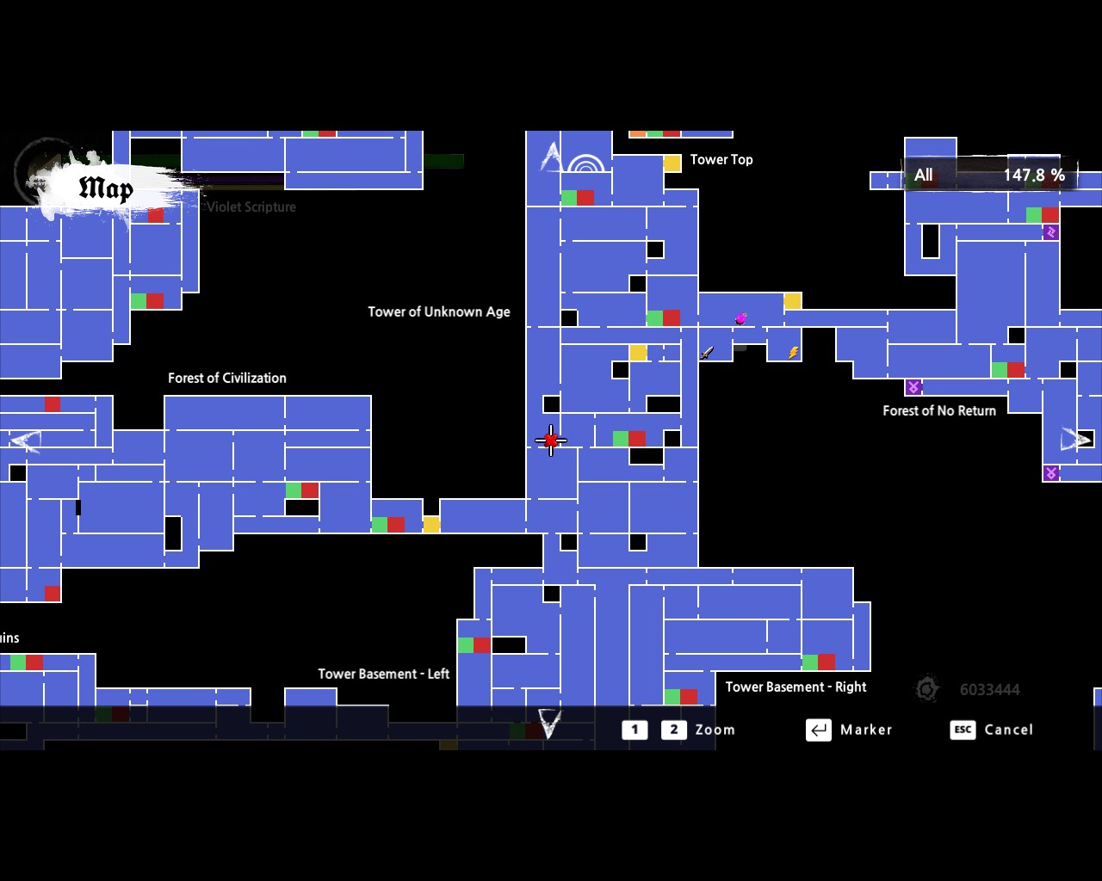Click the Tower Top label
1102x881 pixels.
(721, 159)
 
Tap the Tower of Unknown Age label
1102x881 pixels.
(438, 311)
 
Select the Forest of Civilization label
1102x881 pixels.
(226, 378)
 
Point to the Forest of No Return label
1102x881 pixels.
(938, 410)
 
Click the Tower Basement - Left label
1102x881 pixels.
(383, 674)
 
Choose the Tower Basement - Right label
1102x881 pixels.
(796, 687)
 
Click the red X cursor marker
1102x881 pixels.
(551, 440)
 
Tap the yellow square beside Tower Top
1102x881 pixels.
(672, 163)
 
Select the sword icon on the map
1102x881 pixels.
(707, 352)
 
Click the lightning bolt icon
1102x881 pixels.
(793, 352)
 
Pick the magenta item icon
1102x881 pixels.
(740, 318)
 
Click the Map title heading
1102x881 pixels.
(105, 188)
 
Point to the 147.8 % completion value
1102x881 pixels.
(1033, 175)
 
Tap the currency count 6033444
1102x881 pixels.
(989, 689)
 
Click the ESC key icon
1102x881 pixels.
(963, 730)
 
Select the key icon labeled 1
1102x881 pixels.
(635, 730)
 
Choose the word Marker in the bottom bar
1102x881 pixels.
(865, 730)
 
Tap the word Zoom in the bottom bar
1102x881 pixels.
(715, 730)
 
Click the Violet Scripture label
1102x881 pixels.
(251, 206)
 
